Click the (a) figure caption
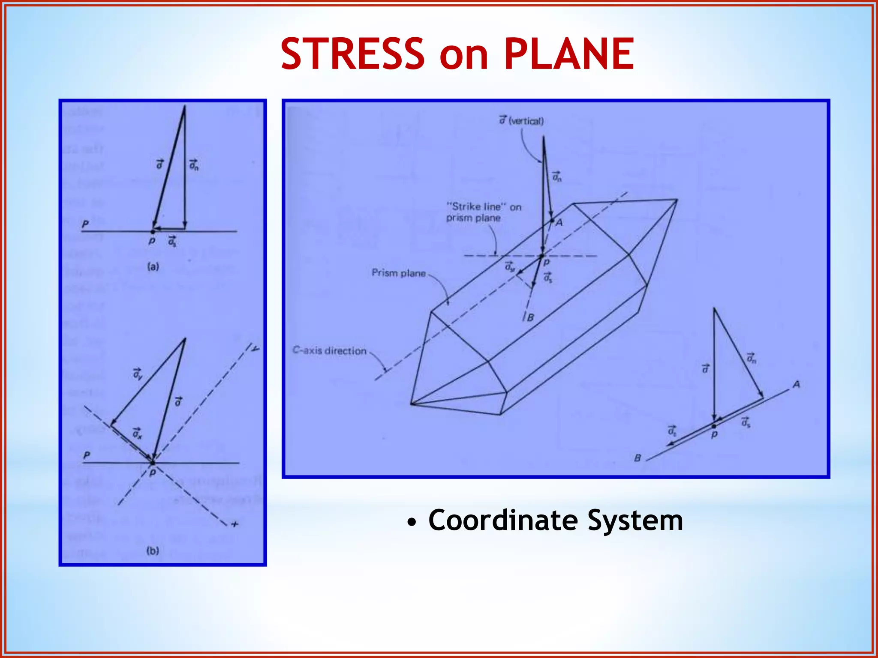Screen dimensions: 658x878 pos(153,267)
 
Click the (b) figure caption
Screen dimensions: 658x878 pos(153,550)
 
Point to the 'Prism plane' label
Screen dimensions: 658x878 pos(399,273)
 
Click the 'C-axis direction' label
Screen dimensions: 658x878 pos(329,350)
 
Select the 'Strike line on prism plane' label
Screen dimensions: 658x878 pos(483,212)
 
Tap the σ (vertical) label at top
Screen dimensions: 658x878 pos(521,121)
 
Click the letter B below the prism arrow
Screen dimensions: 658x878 pos(530,318)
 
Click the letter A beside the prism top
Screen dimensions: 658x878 pos(559,223)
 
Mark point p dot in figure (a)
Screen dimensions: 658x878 pos(153,232)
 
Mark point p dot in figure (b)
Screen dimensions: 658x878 pos(153,463)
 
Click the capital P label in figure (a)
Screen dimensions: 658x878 pos(85,224)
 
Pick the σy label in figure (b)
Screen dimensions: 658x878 pos(137,374)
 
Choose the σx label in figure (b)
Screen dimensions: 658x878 pos(137,433)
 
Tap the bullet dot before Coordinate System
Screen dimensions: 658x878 pos(412,523)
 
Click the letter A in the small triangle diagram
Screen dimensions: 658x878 pos(796,384)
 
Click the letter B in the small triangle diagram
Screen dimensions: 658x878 pos(637,458)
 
